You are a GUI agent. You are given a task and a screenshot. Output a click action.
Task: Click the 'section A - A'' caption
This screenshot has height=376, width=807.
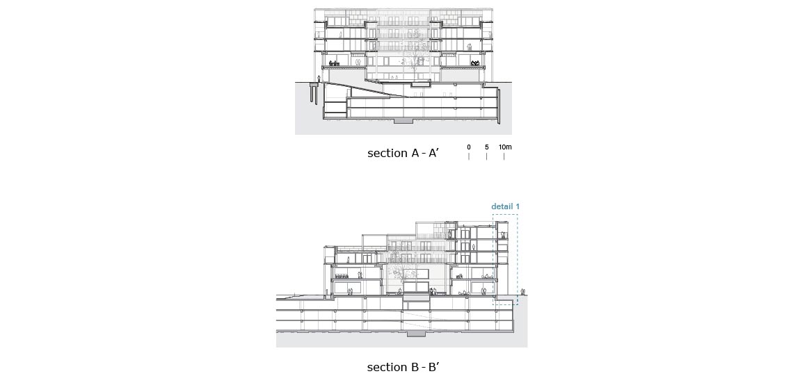point(403,153)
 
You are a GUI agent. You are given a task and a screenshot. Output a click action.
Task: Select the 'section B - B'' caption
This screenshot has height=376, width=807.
point(403,367)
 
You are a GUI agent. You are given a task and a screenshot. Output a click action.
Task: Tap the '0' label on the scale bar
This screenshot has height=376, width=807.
point(469,147)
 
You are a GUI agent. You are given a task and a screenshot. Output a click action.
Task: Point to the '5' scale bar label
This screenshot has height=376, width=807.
point(486,147)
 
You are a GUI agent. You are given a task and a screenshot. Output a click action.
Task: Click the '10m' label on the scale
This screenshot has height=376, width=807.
point(505,147)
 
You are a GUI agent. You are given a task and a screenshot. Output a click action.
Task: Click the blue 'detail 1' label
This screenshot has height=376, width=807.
point(505,206)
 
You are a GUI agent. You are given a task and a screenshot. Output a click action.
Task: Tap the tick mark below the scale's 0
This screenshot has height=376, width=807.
point(469,156)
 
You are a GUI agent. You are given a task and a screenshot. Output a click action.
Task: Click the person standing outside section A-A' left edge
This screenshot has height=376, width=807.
point(319,79)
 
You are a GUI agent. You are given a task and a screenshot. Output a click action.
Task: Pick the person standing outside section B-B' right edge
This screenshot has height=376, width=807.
point(523,292)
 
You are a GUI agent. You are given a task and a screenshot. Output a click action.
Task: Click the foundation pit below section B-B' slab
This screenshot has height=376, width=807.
point(416,334)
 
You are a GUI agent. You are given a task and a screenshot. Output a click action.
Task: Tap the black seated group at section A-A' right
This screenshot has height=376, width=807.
point(475,63)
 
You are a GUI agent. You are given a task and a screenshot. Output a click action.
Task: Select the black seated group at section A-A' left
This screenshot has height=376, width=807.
point(335,63)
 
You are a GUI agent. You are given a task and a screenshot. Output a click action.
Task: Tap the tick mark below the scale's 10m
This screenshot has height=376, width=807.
point(504,156)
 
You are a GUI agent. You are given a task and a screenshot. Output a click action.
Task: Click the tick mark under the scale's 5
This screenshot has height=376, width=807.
point(486,156)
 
